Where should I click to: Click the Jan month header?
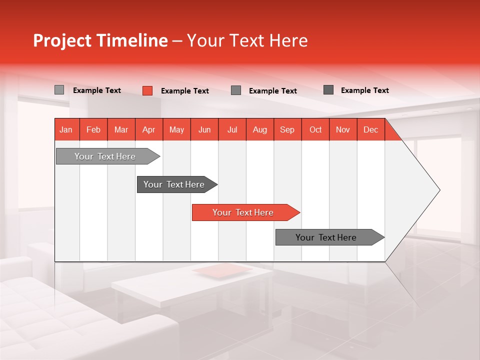(x=66, y=129)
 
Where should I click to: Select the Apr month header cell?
(x=149, y=129)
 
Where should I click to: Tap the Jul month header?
(x=232, y=129)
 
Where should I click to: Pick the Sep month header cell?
(x=287, y=129)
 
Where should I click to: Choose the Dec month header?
(x=370, y=129)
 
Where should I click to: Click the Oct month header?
(x=315, y=129)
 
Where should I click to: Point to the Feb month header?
(x=93, y=129)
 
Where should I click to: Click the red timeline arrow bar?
(x=244, y=212)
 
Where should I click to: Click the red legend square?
(x=147, y=90)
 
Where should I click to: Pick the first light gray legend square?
(x=59, y=90)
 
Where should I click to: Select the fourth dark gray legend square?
(x=328, y=90)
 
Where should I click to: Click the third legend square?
(x=236, y=90)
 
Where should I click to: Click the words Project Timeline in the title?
(x=100, y=40)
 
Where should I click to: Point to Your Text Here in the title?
(x=247, y=40)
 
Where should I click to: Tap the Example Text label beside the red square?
(x=185, y=91)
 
